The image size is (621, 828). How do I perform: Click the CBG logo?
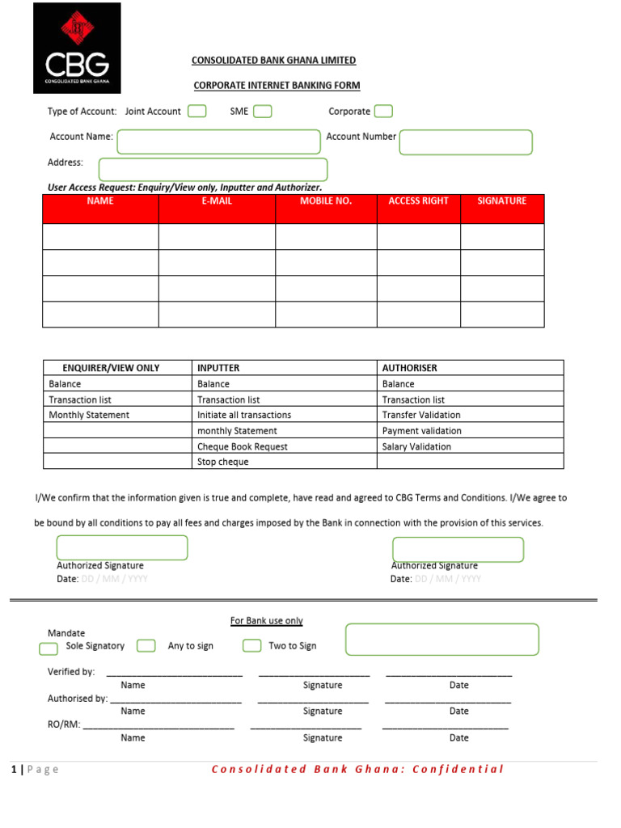(x=77, y=48)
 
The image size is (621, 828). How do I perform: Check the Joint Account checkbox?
(x=196, y=112)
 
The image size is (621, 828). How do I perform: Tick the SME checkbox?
(x=262, y=112)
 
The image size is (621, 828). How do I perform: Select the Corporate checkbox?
(x=383, y=112)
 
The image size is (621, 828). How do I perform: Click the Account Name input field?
(x=218, y=142)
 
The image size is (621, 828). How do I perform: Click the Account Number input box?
(x=466, y=142)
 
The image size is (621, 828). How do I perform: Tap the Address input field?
(x=213, y=170)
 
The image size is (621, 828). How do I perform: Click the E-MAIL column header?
(x=217, y=201)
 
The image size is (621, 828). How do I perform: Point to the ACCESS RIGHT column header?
(x=418, y=201)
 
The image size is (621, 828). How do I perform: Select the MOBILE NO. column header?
(x=326, y=201)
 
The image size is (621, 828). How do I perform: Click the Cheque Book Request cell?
(x=243, y=446)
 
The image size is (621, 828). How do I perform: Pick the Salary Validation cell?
(x=416, y=446)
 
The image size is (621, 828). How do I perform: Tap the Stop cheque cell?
(x=223, y=462)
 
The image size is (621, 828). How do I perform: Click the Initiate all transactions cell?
(x=244, y=415)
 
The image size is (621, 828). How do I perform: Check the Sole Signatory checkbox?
(x=49, y=648)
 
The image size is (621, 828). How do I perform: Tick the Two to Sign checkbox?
(x=252, y=645)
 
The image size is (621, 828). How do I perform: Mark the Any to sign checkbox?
(x=146, y=645)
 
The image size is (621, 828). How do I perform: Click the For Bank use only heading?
(x=267, y=621)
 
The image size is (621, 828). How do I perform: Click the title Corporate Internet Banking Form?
(x=277, y=86)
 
